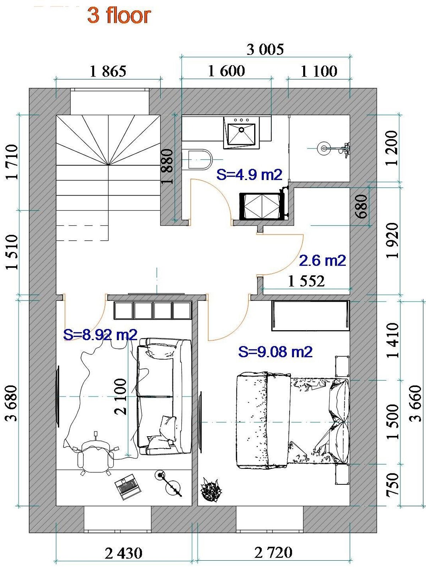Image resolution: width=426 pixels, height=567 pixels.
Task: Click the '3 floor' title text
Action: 119,16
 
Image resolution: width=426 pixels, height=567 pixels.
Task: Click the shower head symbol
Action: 323,148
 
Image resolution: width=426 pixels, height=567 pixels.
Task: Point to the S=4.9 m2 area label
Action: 249,175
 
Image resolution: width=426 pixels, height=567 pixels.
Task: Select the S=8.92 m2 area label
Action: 100,335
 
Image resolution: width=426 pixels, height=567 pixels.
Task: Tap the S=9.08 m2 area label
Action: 275,352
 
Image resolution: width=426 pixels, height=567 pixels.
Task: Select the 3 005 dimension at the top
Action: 266,49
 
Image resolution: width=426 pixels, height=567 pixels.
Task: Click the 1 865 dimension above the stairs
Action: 108,71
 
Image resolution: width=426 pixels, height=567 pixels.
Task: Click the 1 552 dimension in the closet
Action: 306,281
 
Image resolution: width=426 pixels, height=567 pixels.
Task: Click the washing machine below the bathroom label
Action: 262,206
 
